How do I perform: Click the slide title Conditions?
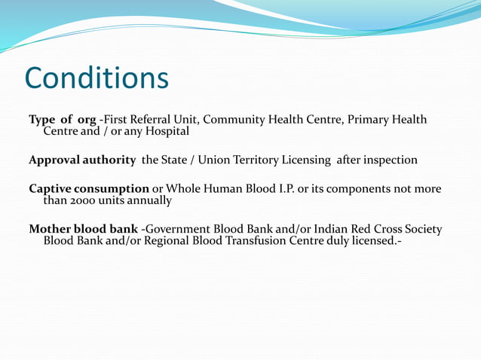(97, 78)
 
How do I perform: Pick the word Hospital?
(164, 131)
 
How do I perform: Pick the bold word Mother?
(52, 229)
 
